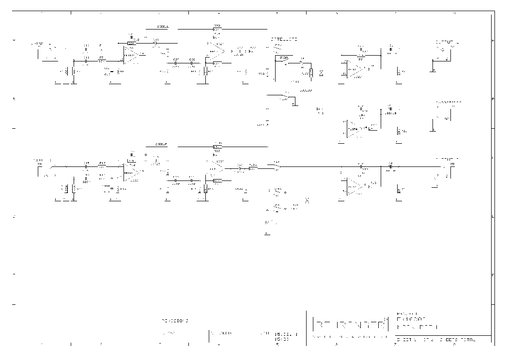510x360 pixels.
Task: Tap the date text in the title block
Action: click(285, 334)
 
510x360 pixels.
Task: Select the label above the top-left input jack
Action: click(37, 44)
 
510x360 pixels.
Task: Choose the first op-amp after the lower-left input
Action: click(132, 172)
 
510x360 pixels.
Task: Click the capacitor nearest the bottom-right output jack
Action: click(390, 165)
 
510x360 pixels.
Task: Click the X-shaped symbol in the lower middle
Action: click(307, 200)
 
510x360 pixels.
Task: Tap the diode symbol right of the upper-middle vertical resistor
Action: click(321, 72)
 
